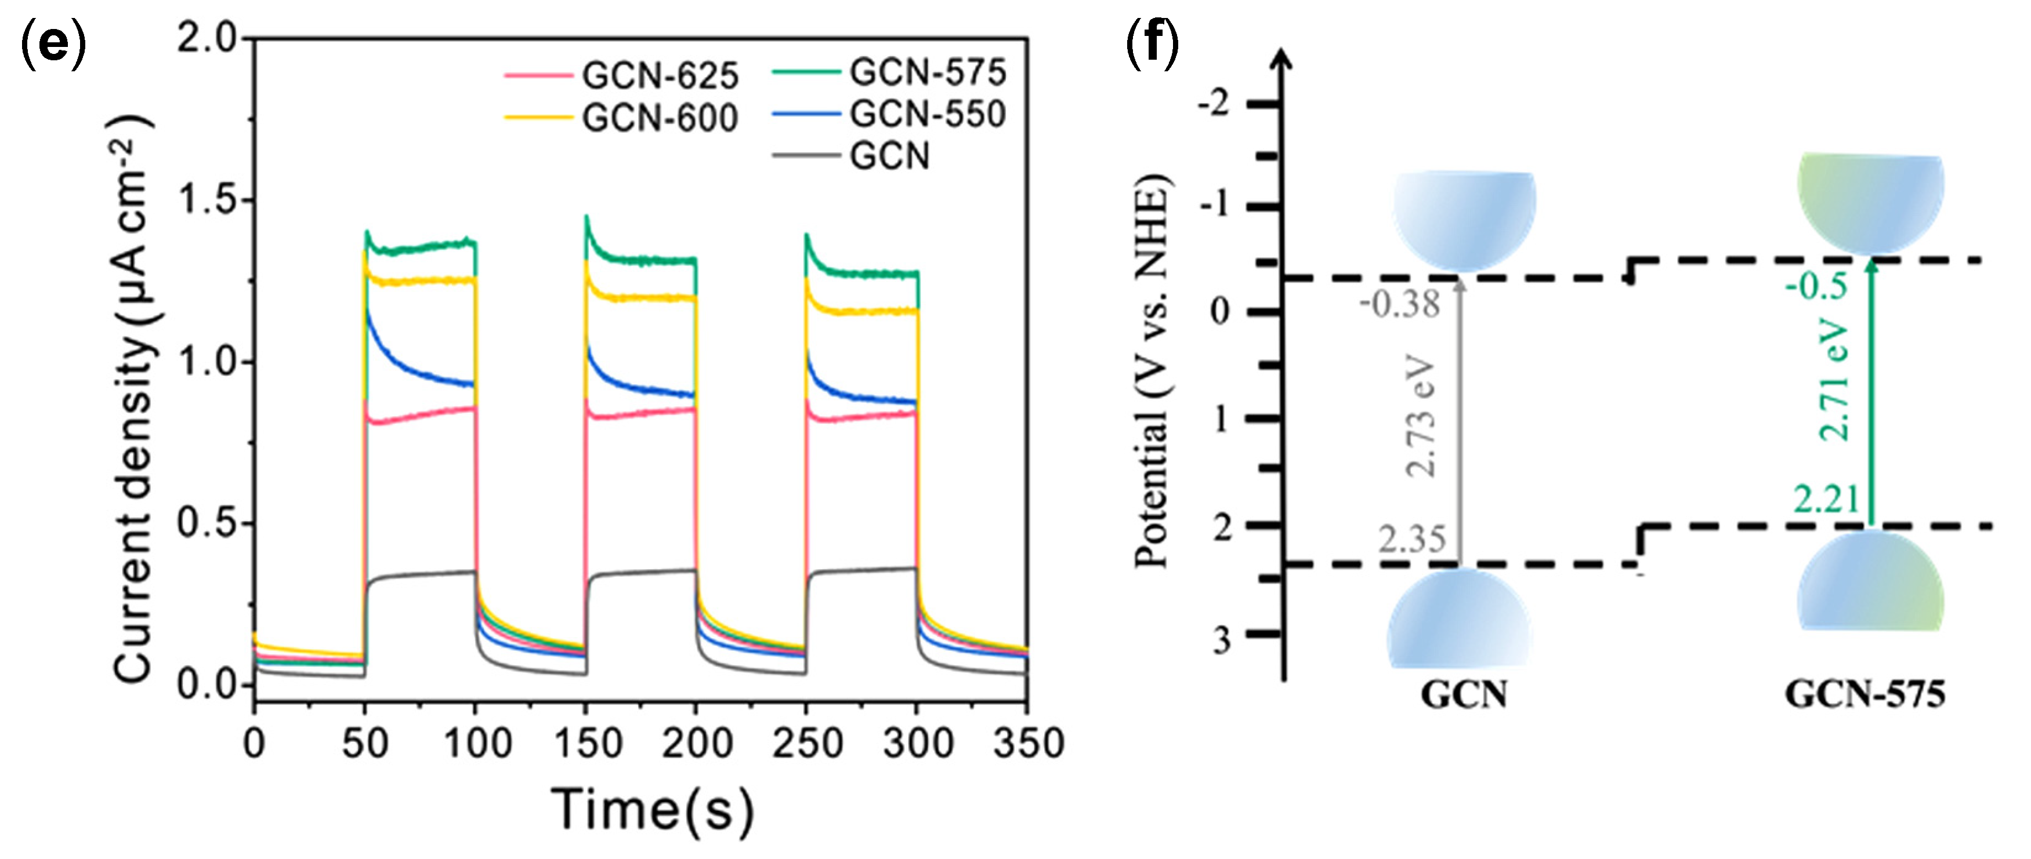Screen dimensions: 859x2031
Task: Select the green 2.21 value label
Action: point(1826,500)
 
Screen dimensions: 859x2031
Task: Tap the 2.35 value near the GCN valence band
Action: point(1412,540)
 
